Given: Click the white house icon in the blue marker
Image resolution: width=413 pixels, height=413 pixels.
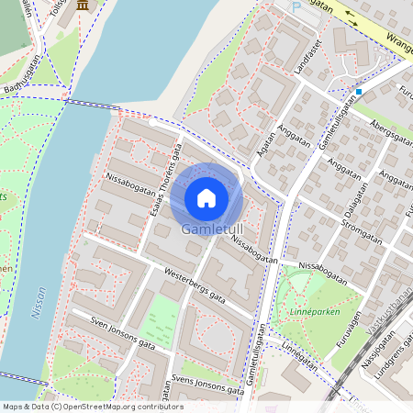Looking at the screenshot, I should coord(206,197).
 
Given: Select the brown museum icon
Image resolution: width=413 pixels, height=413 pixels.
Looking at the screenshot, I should coord(84,6).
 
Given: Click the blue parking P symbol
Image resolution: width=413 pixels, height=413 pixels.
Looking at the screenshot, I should coord(296,6).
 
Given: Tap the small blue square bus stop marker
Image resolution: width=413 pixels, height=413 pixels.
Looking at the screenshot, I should coord(359,92).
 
